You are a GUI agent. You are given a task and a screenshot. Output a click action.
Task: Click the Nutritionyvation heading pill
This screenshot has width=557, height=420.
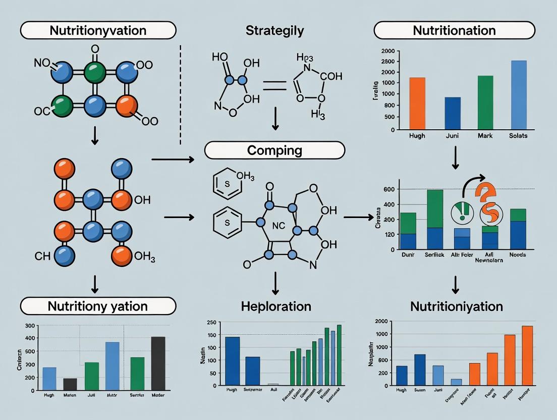(x=97, y=30)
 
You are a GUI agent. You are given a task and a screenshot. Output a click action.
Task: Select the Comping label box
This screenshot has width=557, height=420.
(x=274, y=150)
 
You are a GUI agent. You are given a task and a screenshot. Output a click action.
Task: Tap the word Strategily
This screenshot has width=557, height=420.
(x=274, y=30)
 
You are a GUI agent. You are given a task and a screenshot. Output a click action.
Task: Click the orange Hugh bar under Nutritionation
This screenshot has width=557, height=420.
(x=417, y=103)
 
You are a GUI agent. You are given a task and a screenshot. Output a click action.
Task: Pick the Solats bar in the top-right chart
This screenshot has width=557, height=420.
(x=518, y=95)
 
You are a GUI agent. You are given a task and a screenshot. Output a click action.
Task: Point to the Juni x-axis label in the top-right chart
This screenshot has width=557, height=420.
(x=452, y=136)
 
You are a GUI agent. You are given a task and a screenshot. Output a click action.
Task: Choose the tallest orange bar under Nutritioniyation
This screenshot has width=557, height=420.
(x=527, y=355)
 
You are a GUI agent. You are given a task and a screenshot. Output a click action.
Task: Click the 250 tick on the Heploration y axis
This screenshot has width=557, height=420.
(x=211, y=323)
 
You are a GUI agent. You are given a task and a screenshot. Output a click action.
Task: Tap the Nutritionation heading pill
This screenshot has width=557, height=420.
(x=454, y=30)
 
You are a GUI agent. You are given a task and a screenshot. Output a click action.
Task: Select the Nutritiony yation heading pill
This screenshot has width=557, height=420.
(x=98, y=306)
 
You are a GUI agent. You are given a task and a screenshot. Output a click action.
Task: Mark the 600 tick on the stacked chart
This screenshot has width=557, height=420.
(x=388, y=189)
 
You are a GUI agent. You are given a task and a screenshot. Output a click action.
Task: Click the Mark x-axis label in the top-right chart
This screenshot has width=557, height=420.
(x=485, y=136)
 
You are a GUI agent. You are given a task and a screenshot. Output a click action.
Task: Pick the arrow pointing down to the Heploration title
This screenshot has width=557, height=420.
(x=275, y=283)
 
